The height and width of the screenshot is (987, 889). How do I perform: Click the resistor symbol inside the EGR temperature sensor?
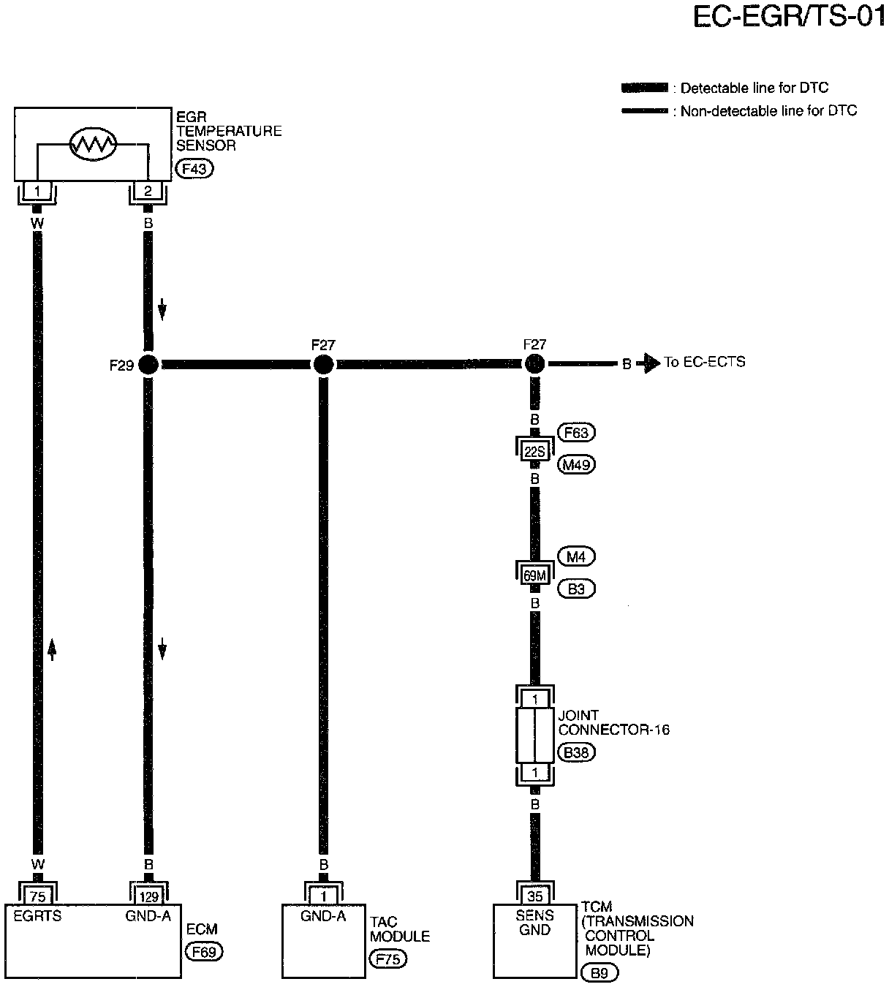tap(93, 144)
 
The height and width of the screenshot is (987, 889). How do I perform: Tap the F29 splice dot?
tap(148, 364)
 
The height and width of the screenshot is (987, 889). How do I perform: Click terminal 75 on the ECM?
tap(37, 896)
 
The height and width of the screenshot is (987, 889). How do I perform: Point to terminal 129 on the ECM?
tap(148, 896)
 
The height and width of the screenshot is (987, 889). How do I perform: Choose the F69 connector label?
tap(204, 952)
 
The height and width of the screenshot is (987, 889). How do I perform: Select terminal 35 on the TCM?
tap(535, 896)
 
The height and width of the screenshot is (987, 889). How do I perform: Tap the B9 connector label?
tap(599, 972)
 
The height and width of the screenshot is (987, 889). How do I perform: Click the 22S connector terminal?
tap(535, 452)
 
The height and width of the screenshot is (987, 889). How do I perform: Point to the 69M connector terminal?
tap(535, 576)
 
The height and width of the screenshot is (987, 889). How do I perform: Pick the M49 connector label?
tap(576, 464)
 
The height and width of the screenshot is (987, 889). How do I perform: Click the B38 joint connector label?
tap(576, 752)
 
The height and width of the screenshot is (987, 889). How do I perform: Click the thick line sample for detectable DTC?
tap(644, 88)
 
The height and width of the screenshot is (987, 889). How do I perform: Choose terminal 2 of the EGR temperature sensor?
tap(148, 192)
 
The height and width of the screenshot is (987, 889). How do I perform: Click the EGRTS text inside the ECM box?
tap(37, 915)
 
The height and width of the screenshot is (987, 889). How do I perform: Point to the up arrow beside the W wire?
tap(52, 648)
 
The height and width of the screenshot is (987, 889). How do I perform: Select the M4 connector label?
tap(576, 557)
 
